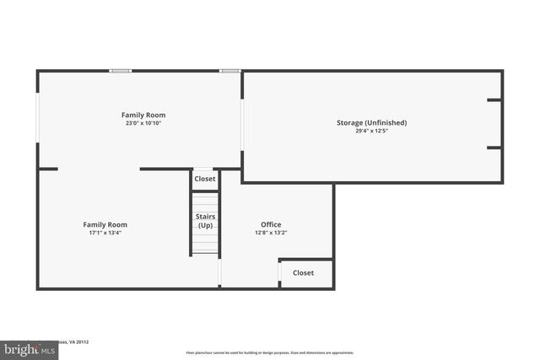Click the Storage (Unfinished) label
[x=371, y=122]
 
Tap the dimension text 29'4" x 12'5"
[x=371, y=131]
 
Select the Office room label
[x=270, y=224]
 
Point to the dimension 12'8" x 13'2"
[x=270, y=233]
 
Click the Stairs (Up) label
[x=205, y=221]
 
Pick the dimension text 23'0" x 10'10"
[x=143, y=123]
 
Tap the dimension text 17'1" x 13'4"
[x=105, y=233]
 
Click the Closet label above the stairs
[x=205, y=179]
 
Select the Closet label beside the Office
[x=303, y=272]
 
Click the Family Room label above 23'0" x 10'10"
[x=143, y=115]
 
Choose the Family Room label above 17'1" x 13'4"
[x=105, y=224]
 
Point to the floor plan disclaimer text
[x=270, y=352]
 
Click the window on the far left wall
[x=37, y=117]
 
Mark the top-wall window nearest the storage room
[x=229, y=71]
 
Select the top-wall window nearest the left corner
[x=120, y=71]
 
